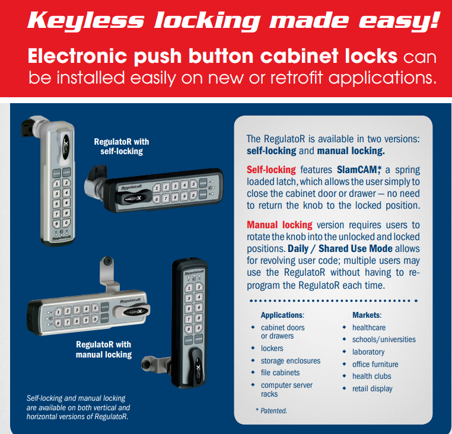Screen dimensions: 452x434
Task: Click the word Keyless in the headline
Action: pos(85,21)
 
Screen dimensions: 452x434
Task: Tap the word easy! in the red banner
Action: pos(399,21)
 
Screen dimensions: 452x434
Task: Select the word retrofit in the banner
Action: pos(296,77)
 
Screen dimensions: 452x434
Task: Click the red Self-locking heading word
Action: pos(271,170)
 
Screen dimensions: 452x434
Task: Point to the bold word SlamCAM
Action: pos(356,170)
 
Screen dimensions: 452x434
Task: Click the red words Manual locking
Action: pos(279,225)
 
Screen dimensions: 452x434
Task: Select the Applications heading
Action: pos(282,315)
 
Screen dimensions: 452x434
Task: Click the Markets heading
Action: pos(367,315)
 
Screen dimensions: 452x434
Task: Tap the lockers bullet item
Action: pos(272,349)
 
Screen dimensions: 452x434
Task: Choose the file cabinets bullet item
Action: pos(280,372)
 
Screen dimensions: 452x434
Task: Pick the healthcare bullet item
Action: pos(369,327)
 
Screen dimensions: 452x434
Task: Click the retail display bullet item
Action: pos(372,389)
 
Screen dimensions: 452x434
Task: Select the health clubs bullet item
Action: pos(371,376)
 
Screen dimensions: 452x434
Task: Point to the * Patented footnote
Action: pos(271,411)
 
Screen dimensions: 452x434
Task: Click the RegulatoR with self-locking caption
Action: pos(122,146)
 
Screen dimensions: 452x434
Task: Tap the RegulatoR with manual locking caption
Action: pos(104,349)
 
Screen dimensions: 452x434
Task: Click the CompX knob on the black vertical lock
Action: pos(197,368)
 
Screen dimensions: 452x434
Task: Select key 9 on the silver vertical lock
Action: pos(56,224)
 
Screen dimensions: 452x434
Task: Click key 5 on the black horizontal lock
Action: pos(193,184)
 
